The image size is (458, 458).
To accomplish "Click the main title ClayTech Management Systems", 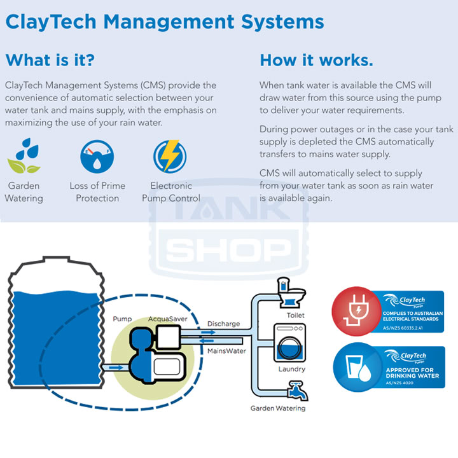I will coord(165,22).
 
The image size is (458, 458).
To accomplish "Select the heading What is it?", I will coord(50,60).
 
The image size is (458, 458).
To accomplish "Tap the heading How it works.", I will coord(316,60).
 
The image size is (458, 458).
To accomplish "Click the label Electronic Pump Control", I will coord(171,192).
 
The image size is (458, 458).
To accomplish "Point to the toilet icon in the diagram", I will coord(289,293).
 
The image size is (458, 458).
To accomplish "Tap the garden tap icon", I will coord(293,389).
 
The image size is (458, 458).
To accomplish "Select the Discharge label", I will coord(224,324).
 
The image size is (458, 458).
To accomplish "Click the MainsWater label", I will coord(227,350).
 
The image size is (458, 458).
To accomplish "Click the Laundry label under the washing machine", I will coord(292,369).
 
